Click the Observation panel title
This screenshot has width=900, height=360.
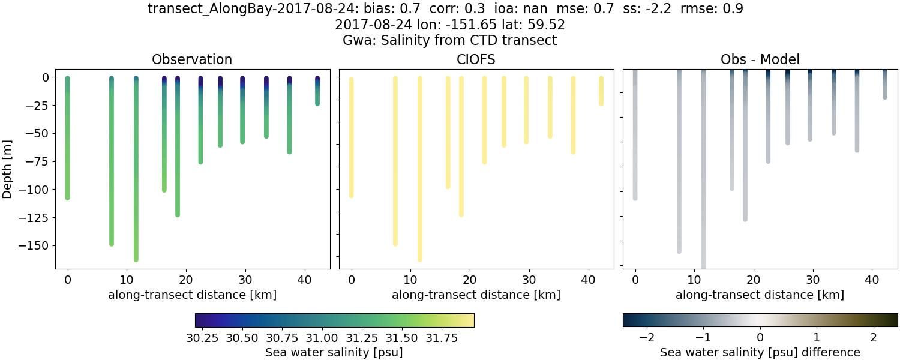pyautogui.click(x=192, y=59)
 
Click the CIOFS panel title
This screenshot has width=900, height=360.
pyautogui.click(x=476, y=59)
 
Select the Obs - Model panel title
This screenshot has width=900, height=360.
pyautogui.click(x=760, y=59)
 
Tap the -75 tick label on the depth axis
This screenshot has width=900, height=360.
pyautogui.click(x=40, y=161)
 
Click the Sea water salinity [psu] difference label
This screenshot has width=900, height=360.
pyautogui.click(x=760, y=352)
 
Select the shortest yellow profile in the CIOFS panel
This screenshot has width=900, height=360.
pyautogui.click(x=601, y=91)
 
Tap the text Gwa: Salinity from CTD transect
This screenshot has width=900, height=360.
pyautogui.click(x=449, y=41)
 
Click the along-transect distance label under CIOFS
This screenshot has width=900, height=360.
pyautogui.click(x=476, y=295)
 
